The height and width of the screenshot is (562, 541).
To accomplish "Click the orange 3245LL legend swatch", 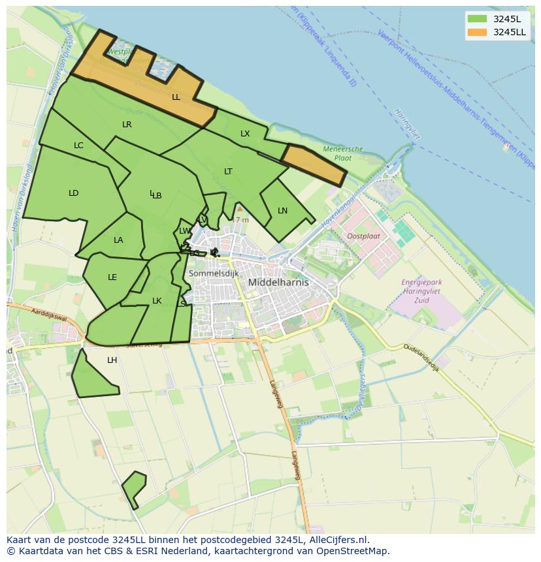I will [477, 32].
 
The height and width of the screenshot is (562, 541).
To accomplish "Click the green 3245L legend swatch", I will [477, 18].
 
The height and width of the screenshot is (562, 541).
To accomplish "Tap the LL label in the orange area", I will [176, 97].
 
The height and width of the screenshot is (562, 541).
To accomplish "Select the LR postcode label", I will [127, 124].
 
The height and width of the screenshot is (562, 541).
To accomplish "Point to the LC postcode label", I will [78, 146].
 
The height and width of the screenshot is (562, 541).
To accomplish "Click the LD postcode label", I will [73, 193].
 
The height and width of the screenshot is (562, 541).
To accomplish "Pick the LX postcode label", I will [245, 134].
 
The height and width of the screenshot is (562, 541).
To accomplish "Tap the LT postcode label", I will [228, 172].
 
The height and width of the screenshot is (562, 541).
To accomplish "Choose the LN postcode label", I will [282, 211].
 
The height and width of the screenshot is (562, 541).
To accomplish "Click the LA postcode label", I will [118, 240].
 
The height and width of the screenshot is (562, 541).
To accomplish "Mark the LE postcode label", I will [112, 277].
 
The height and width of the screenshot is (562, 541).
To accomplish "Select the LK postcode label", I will [157, 301].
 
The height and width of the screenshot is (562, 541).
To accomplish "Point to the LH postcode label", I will [112, 360].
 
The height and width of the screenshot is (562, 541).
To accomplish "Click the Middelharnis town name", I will [278, 283].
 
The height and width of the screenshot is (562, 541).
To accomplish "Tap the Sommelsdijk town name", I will [213, 273].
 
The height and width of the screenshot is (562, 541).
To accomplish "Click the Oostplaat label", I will [363, 236].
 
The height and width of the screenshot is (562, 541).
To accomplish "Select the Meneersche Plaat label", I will [344, 153].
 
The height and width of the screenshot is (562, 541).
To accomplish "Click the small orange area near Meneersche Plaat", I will [314, 164].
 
